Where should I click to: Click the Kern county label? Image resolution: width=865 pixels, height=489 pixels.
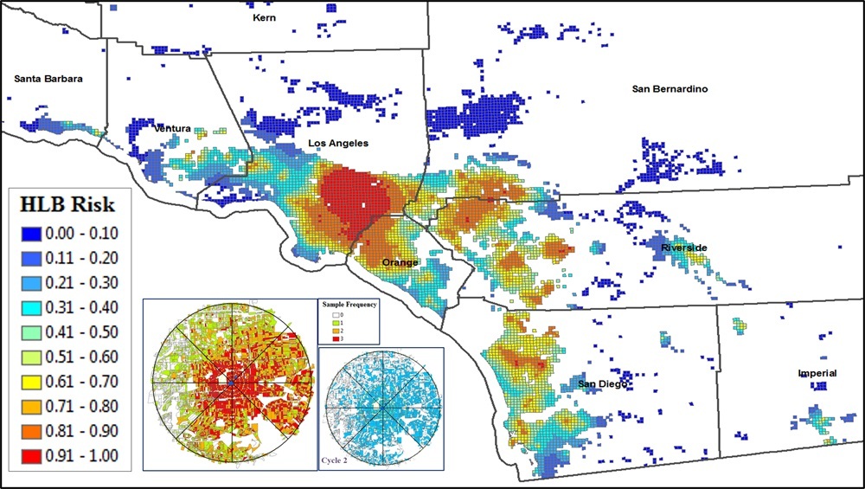[264, 17]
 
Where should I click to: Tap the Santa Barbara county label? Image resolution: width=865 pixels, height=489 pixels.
[48, 79]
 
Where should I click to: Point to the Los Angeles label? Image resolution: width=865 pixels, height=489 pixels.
[338, 143]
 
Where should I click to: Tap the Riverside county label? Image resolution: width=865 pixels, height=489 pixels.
[684, 248]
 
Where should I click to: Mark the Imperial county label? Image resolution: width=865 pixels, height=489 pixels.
[817, 373]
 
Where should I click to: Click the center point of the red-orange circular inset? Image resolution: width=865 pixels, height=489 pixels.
[232, 382]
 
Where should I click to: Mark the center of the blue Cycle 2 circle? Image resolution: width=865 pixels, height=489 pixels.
[381, 407]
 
